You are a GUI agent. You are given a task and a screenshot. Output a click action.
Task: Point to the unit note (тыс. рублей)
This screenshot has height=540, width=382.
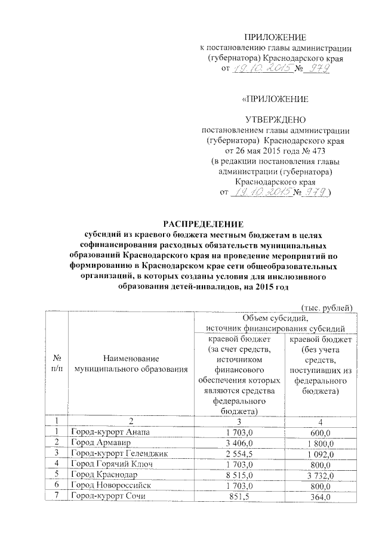point(328,307)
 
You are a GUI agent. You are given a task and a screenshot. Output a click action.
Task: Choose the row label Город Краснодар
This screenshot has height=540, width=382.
point(100,475)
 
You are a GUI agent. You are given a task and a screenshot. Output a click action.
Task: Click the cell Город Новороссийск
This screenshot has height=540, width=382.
point(107,486)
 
